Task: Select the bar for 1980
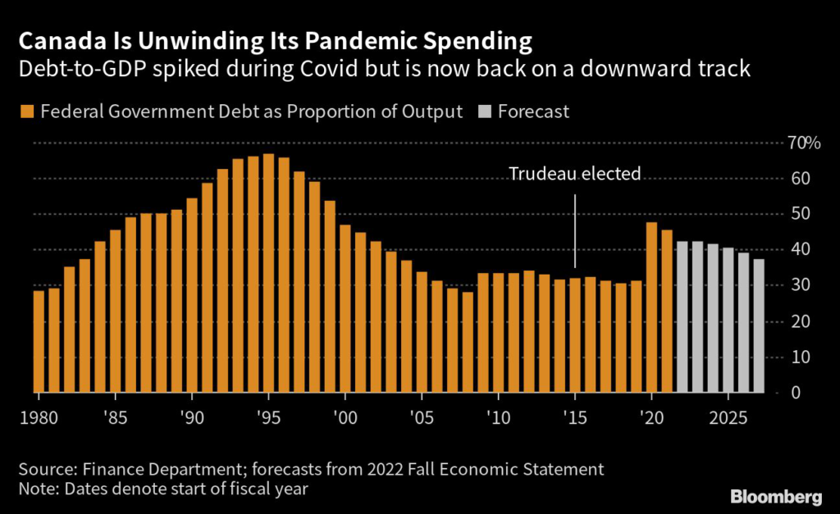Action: (39, 340)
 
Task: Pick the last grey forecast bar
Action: (759, 325)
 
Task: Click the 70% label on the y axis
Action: (803, 143)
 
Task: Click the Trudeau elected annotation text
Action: (574, 174)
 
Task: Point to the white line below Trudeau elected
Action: (574, 230)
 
